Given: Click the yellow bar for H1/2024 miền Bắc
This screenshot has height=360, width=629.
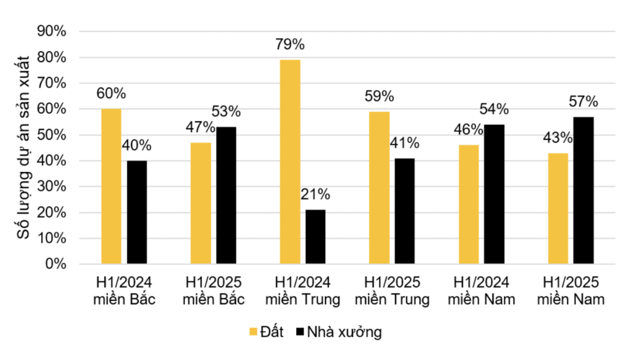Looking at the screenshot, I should [111, 187].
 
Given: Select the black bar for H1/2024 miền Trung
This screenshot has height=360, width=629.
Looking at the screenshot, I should [315, 237].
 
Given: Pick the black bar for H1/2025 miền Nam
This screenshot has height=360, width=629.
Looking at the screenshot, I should [583, 190].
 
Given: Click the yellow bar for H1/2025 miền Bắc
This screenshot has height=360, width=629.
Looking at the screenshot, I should [200, 203].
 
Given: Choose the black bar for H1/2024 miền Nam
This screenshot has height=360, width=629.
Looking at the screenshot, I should [494, 194].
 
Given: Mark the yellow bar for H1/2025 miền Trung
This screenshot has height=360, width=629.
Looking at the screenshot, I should [379, 188].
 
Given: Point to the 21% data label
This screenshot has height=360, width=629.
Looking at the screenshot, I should [315, 195].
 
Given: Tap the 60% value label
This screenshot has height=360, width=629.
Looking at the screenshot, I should [111, 93].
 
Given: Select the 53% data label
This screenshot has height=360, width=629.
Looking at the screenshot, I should [226, 112].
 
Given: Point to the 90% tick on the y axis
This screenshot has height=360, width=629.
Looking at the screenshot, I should [52, 31].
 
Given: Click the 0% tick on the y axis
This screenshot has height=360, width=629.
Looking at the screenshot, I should [56, 264].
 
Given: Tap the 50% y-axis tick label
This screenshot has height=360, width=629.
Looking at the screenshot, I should [52, 135].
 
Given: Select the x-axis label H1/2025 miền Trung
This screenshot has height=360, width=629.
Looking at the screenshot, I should [392, 291].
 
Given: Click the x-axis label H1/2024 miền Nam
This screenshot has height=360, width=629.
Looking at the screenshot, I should [481, 291].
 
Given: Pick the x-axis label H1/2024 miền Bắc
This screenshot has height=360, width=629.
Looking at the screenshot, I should [124, 291].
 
